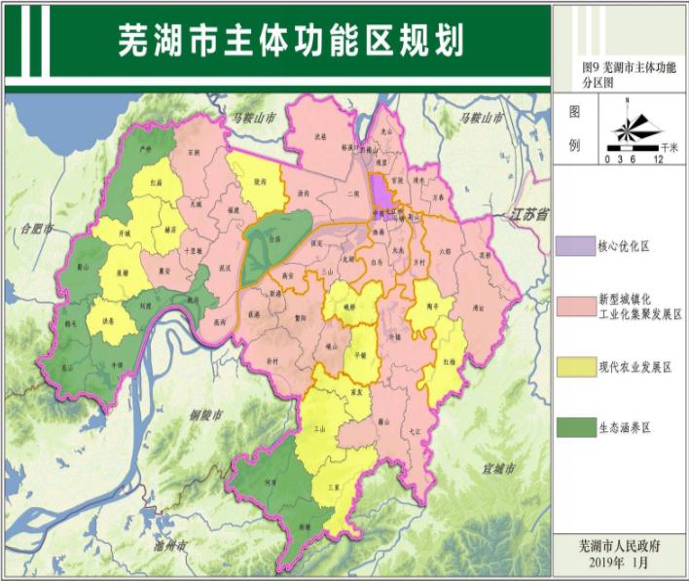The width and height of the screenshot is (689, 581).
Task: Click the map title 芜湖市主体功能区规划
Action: coord(290,41)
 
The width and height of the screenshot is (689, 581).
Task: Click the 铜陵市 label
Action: coord(205,416)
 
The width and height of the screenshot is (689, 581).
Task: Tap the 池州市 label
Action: coord(171,545)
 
